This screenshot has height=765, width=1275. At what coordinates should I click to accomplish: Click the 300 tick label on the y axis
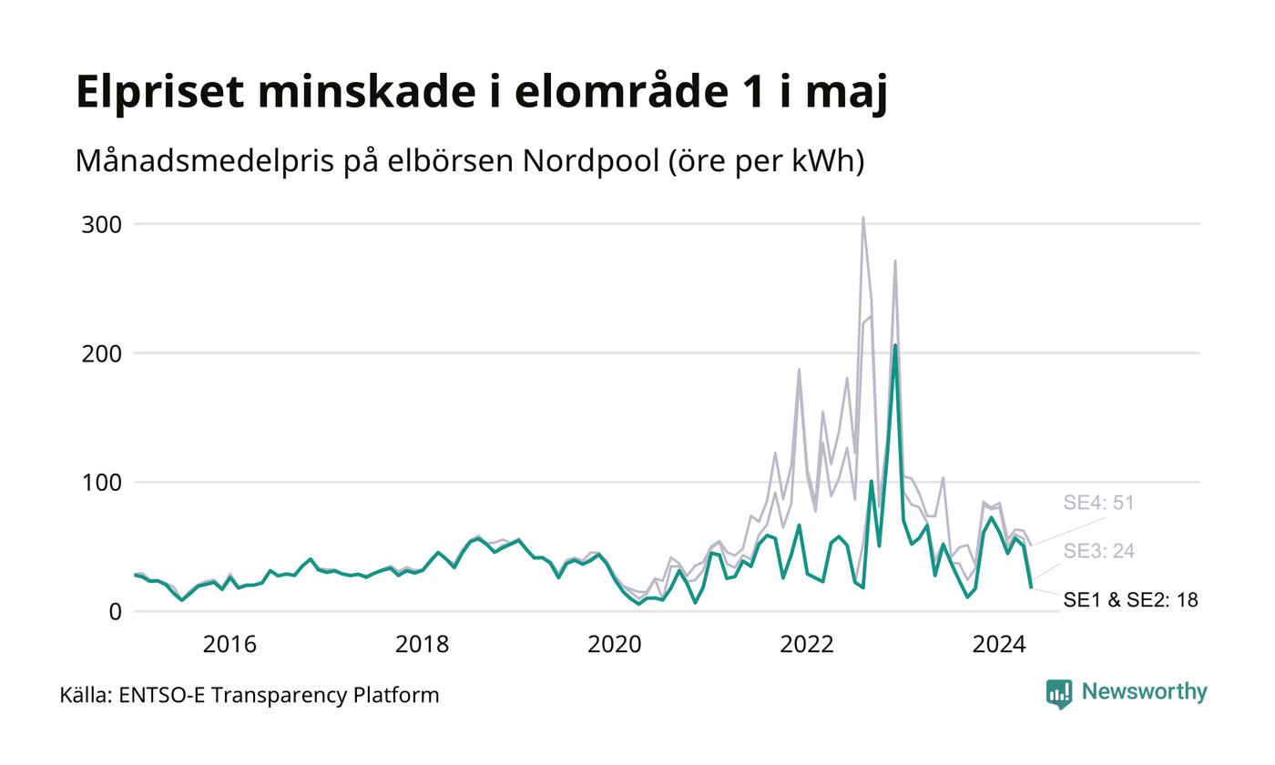click(x=102, y=225)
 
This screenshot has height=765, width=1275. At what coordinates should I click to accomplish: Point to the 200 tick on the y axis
click(x=102, y=354)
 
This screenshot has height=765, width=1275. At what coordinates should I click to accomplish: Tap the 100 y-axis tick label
click(x=102, y=484)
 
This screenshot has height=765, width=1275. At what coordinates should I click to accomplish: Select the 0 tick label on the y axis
click(x=116, y=612)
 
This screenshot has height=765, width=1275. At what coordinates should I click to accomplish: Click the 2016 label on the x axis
click(x=229, y=645)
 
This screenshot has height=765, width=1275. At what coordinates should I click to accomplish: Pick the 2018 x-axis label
click(x=423, y=645)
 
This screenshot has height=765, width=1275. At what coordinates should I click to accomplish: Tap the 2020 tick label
click(x=615, y=645)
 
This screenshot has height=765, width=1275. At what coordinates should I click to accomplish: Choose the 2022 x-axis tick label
click(x=807, y=645)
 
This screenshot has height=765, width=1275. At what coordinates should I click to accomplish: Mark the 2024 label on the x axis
click(x=1000, y=645)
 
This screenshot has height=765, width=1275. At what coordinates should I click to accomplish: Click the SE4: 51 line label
click(x=1099, y=503)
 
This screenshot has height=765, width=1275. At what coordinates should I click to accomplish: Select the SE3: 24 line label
click(x=1099, y=551)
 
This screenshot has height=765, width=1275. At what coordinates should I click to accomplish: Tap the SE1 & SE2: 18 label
click(x=1131, y=600)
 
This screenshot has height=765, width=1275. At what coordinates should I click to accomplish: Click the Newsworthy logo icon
click(x=1059, y=694)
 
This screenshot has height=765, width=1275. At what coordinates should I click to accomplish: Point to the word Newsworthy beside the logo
click(x=1144, y=692)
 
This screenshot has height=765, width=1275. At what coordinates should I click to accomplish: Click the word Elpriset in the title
click(x=160, y=92)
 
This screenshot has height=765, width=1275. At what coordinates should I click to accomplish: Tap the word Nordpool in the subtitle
click(x=591, y=161)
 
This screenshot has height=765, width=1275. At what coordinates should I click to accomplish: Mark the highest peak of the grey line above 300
click(x=863, y=218)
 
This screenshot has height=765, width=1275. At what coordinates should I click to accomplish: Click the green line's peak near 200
click(x=895, y=345)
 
